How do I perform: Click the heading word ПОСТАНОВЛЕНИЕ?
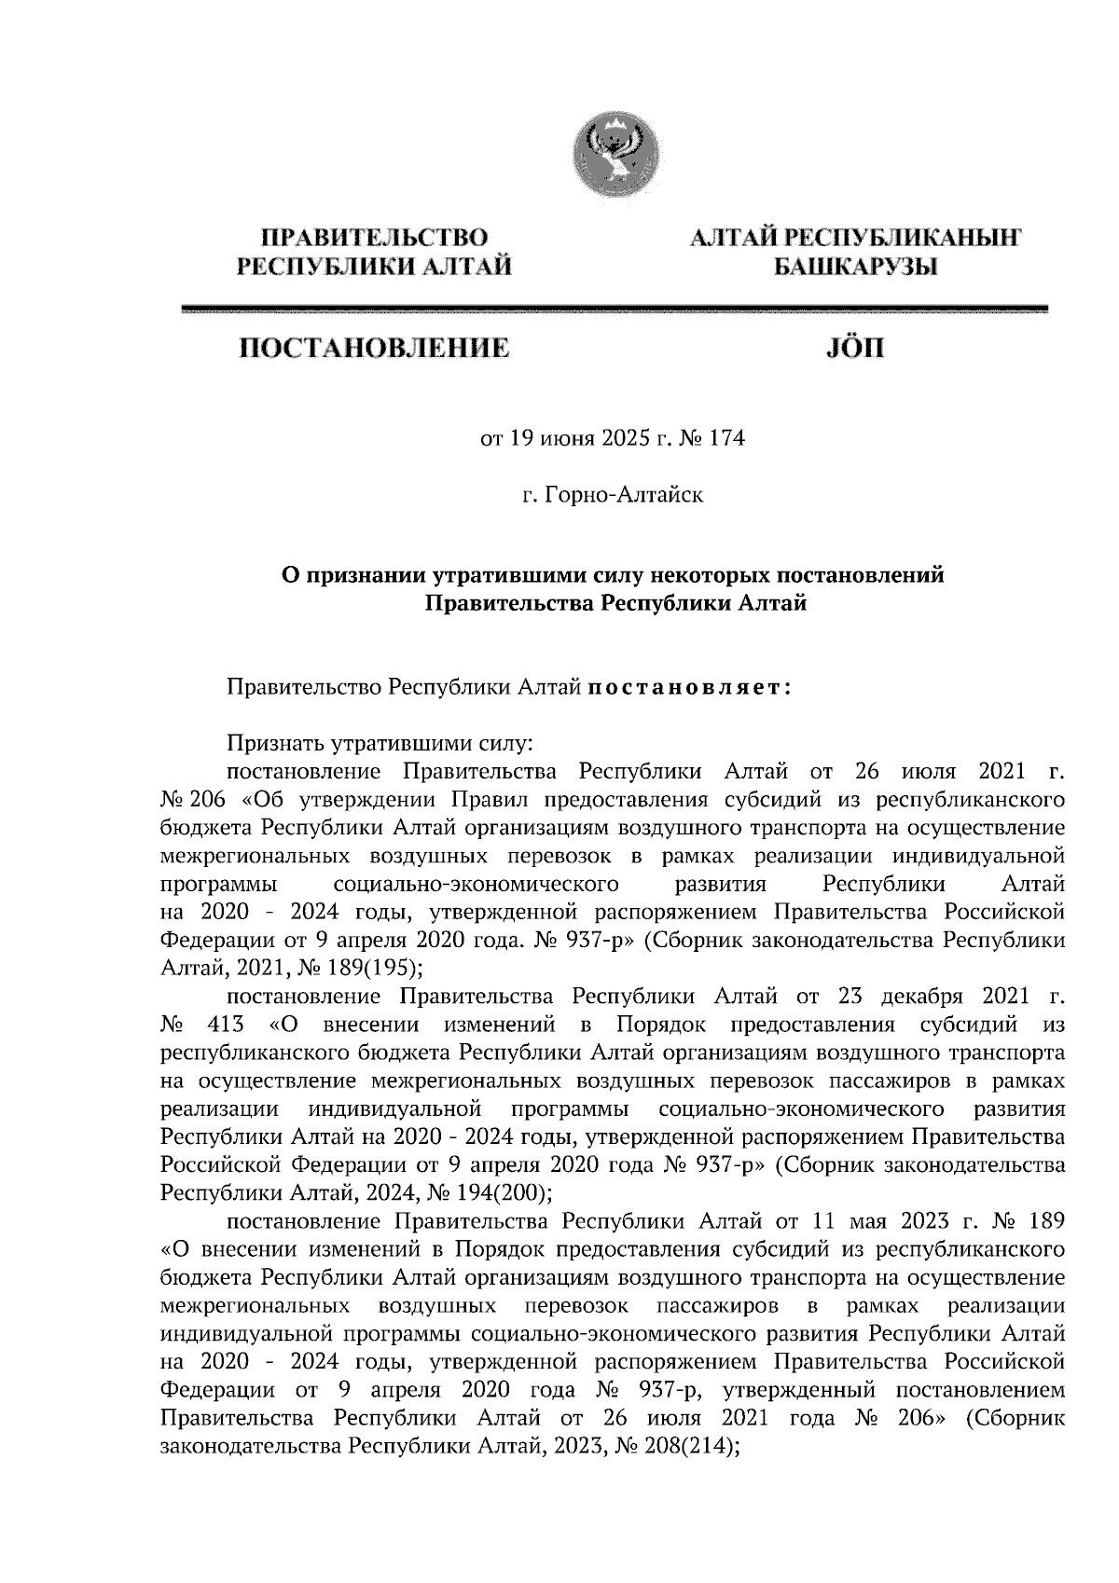point(375,351)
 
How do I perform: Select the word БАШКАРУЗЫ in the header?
point(855,268)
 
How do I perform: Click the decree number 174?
point(727,438)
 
